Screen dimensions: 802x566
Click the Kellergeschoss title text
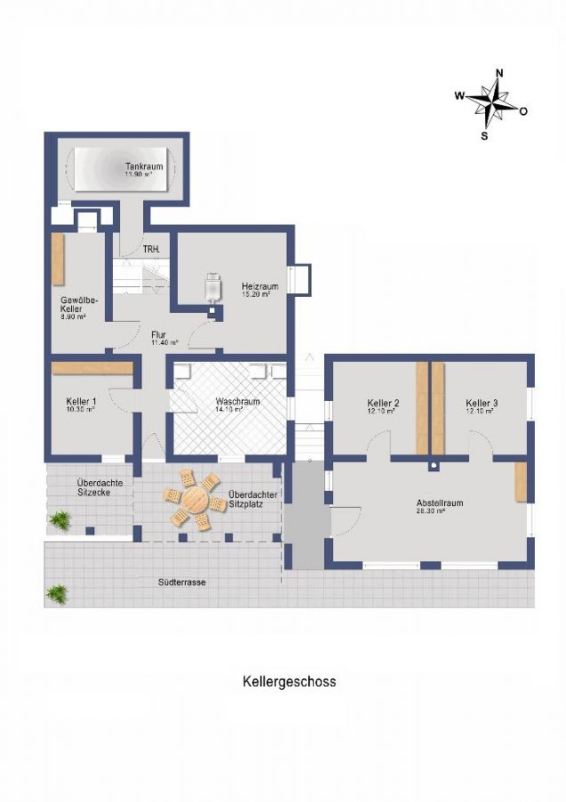click(289, 682)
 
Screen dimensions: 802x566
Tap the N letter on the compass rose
click(499, 73)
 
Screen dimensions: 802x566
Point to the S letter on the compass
click(485, 136)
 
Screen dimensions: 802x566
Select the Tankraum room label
click(138, 166)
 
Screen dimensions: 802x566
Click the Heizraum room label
click(260, 287)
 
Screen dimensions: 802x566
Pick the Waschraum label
click(238, 402)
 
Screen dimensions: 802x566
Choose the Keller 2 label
click(383, 403)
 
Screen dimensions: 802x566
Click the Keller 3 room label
click(481, 403)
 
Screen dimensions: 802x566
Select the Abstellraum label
click(440, 503)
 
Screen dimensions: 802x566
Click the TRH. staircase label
click(151, 250)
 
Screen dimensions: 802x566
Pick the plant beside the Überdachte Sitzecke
click(60, 519)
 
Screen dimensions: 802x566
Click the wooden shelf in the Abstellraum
click(521, 481)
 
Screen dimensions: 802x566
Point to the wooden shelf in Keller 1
click(92, 368)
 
